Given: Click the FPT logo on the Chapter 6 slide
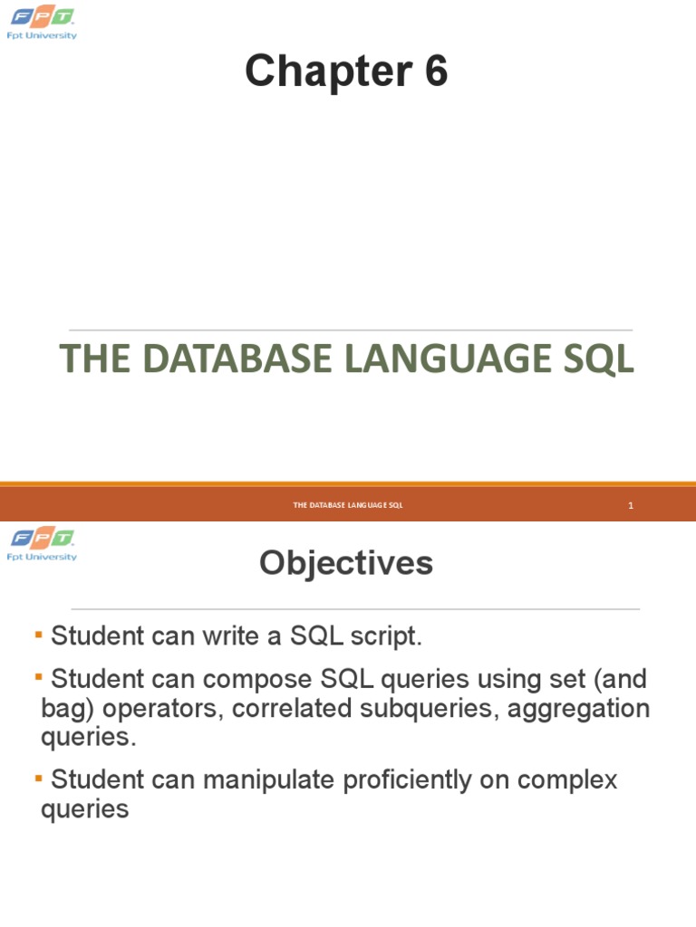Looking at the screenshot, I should click(43, 22).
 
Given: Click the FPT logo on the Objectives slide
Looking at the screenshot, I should click(43, 543).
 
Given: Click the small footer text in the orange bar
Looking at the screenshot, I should click(348, 505).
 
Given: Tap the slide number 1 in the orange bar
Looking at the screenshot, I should click(630, 505).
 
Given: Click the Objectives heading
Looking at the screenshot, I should click(346, 564).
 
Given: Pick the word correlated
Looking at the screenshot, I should click(289, 708).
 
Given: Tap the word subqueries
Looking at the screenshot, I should click(426, 708).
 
